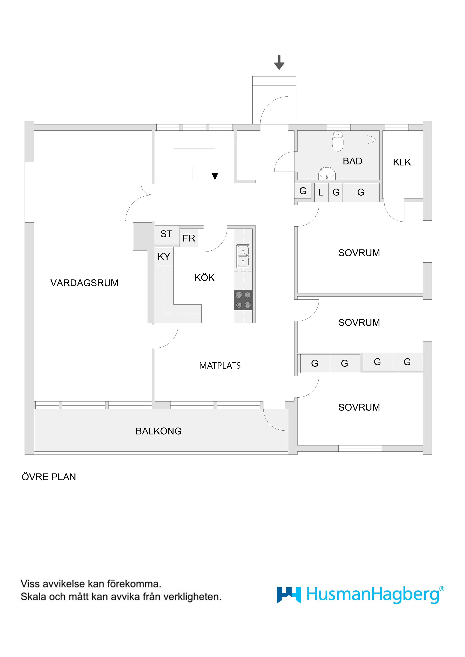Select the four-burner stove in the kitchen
(243, 300)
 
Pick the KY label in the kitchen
(164, 257)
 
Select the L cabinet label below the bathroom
(321, 192)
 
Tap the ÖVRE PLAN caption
(49, 477)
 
